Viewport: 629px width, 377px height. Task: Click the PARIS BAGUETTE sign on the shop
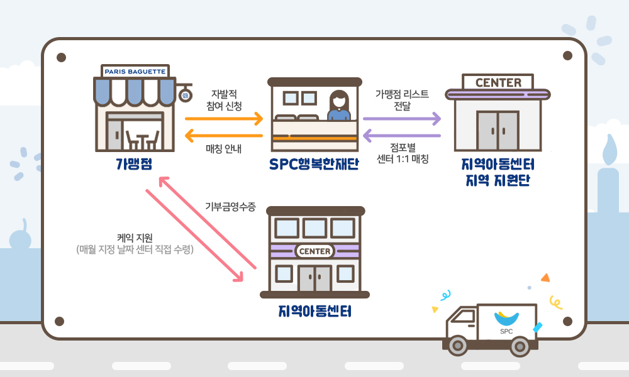coord(134,72)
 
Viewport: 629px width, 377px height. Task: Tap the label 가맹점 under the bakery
coord(134,165)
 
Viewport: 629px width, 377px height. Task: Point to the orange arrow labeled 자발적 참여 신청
coord(223,118)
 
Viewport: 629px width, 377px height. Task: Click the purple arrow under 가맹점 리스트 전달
coord(402,118)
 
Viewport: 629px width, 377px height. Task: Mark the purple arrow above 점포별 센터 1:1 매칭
coord(402,135)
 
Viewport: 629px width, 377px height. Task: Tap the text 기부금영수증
coord(230,206)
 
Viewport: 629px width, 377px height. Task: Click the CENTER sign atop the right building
coord(498,82)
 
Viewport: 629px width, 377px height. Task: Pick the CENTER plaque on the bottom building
coord(315,251)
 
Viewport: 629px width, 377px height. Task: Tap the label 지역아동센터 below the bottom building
coord(314,312)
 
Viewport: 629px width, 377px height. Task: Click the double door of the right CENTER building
coord(498,131)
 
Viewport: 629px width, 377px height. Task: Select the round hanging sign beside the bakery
coord(185,96)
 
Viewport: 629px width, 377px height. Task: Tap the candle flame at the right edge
coord(609,151)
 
